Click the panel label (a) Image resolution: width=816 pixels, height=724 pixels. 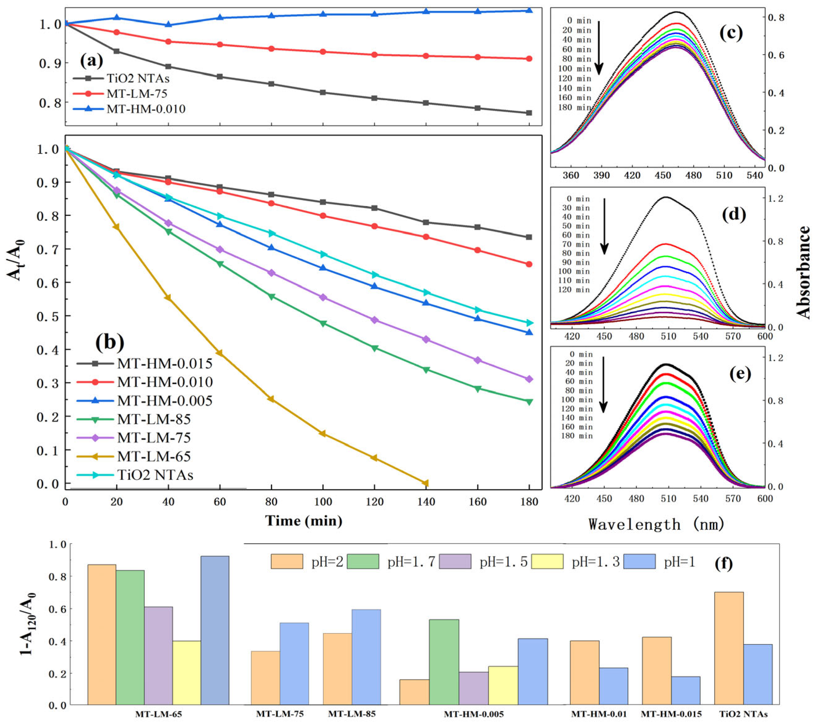(92, 61)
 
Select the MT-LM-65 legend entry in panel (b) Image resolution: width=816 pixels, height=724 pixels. (154, 456)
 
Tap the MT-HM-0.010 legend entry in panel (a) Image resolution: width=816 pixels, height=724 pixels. (146, 109)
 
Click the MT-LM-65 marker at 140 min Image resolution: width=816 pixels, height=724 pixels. (426, 483)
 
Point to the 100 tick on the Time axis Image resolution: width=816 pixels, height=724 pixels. (323, 502)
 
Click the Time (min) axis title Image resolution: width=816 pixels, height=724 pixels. (303, 521)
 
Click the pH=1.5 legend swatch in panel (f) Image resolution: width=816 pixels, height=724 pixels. (455, 562)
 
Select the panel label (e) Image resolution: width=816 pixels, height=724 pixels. (740, 373)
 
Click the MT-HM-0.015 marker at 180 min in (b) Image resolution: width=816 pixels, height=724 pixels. (529, 237)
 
